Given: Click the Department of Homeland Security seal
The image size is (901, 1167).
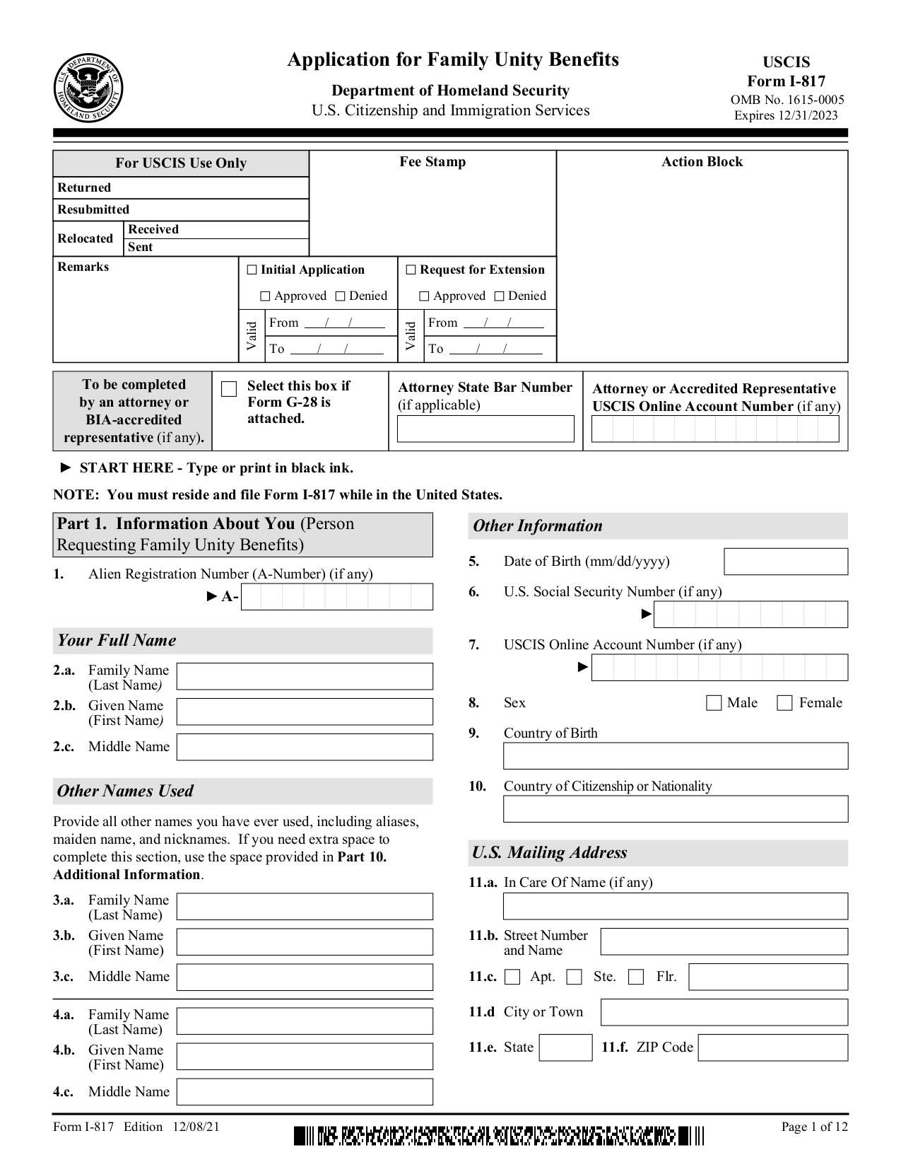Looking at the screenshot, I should tap(88, 88).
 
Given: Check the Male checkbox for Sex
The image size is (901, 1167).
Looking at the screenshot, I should tap(714, 703).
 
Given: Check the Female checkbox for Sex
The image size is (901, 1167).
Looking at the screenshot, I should tap(784, 703).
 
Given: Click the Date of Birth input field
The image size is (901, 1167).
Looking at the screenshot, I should tap(785, 562).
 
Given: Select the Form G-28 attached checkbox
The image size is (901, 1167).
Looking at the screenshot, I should tap(229, 390).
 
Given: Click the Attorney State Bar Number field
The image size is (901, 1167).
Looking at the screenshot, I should tap(485, 429).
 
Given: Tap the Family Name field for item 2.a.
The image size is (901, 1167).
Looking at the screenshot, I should tap(305, 676).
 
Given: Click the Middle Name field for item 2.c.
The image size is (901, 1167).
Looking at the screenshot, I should tap(305, 747).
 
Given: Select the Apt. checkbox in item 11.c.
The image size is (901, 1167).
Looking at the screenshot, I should tap(513, 977).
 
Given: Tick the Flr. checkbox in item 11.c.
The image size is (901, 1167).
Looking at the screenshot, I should tap(636, 977).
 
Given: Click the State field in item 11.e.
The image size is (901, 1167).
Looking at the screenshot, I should tap(565, 1047).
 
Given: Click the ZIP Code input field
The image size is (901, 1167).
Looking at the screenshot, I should tap(772, 1047).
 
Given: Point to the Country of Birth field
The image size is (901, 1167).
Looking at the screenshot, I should tap(675, 756).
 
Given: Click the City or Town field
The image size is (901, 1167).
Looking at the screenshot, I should tap(724, 1012).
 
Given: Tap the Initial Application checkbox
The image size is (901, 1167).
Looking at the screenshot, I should tap(252, 270).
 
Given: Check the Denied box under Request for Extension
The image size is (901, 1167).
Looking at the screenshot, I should tap(500, 296).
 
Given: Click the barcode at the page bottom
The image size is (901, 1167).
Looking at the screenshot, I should tap(499, 1137).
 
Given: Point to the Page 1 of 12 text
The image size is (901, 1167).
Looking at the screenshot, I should tap(814, 1127).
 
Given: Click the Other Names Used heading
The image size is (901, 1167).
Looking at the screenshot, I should tap(125, 791).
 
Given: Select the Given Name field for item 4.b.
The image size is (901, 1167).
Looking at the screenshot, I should tap(305, 1057).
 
